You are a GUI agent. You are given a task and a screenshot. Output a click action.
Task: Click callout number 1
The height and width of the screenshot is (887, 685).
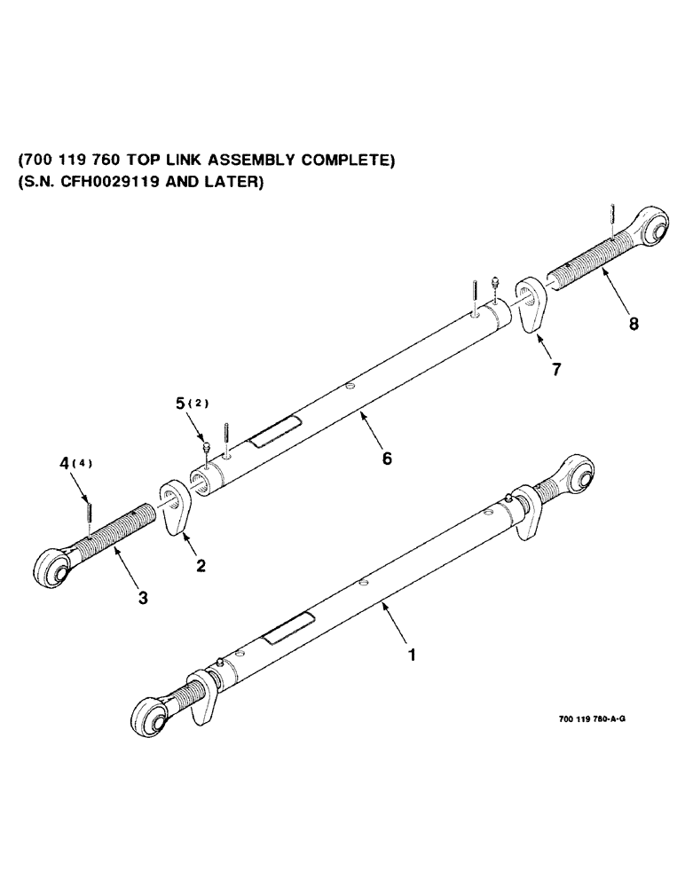tap(410, 656)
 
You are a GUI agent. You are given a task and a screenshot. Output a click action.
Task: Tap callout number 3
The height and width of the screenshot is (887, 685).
tap(144, 598)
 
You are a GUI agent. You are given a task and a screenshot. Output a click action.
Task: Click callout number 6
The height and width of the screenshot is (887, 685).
tap(386, 459)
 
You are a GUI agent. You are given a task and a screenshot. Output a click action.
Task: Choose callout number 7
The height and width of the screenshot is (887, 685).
tap(555, 370)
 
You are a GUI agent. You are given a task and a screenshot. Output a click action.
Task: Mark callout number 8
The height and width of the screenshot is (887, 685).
tap(633, 325)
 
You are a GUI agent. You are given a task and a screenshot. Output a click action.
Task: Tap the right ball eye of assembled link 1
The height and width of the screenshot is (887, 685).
tap(578, 475)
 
